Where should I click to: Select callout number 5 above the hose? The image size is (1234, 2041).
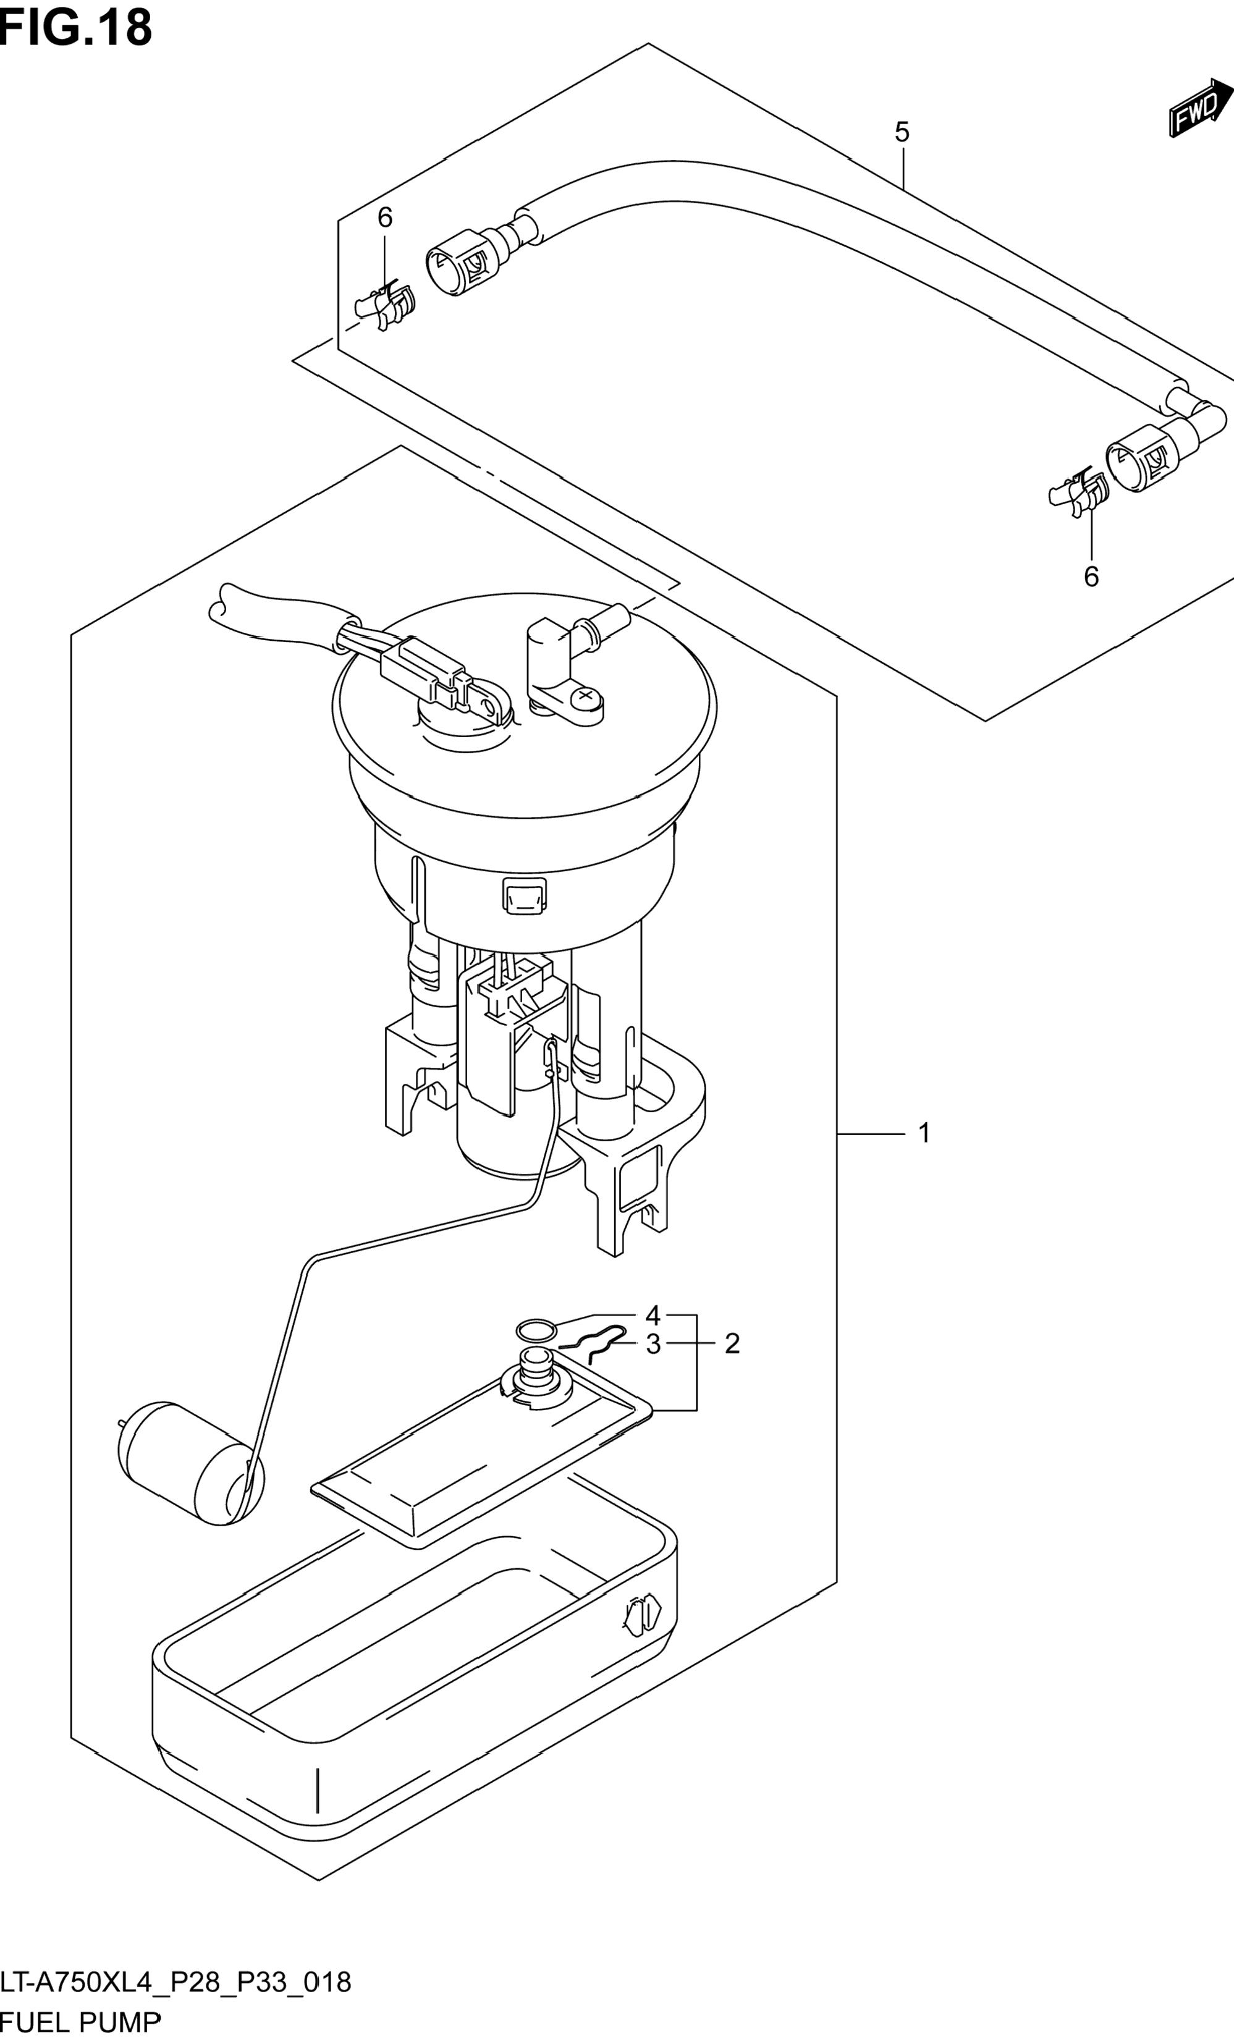tap(902, 132)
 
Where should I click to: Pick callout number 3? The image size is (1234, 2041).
tap(653, 1345)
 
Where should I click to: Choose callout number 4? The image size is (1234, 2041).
tap(653, 1316)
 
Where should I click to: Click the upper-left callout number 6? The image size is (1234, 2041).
tap(385, 218)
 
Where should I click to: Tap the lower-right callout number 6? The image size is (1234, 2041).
tap(1091, 577)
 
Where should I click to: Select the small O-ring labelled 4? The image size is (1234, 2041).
tap(536, 1331)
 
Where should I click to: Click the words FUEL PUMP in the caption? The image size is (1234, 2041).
tap(80, 2023)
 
